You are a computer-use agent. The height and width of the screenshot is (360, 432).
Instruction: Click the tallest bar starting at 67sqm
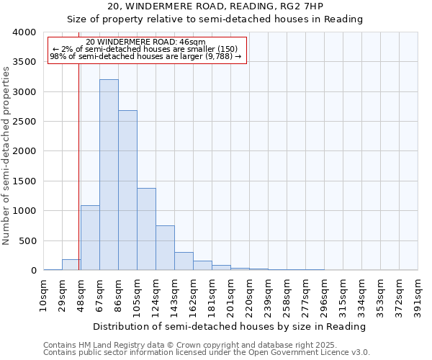[x=109, y=175]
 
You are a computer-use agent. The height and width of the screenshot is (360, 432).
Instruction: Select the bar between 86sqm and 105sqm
[x=127, y=190]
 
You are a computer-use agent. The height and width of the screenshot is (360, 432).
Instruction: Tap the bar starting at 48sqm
[x=90, y=238]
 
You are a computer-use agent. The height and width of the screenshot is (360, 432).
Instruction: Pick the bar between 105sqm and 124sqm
[x=146, y=229]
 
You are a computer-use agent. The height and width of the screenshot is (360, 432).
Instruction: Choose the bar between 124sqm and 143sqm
[x=165, y=248]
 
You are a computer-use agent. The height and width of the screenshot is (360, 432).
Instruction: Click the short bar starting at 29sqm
[x=71, y=265]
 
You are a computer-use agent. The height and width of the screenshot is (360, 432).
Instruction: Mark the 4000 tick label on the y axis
[x=24, y=32]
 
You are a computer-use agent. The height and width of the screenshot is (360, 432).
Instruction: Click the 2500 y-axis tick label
[x=24, y=122]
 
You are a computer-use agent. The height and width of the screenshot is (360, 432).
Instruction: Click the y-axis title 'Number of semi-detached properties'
[x=7, y=155]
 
